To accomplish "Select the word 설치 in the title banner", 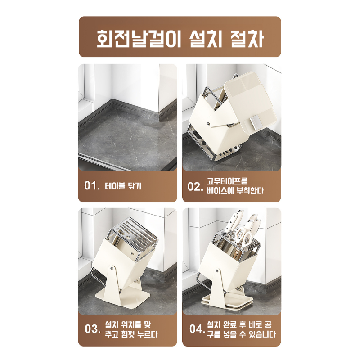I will click(202, 38).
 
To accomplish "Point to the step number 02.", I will click(196, 186).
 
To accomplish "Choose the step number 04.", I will click(197, 329).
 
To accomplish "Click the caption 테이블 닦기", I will click(123, 186).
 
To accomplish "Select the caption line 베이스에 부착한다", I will click(235, 191).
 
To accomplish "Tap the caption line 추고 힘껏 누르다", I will click(131, 334).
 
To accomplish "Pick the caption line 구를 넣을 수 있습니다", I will click(241, 334).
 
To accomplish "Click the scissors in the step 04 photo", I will click(243, 236).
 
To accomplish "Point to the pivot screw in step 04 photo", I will click(218, 271).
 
